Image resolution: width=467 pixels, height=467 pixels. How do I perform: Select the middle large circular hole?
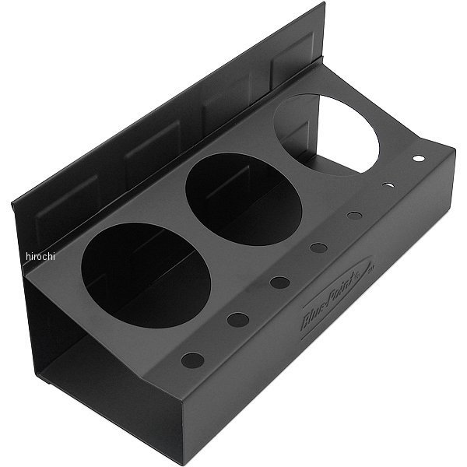[x=243, y=198]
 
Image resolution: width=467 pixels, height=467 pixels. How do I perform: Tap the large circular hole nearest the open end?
[x=146, y=274]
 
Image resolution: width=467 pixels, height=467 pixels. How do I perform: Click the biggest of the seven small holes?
[x=192, y=360]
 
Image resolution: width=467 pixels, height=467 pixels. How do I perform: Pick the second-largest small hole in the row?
[x=237, y=319]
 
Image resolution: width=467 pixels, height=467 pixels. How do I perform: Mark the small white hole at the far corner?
[x=418, y=159]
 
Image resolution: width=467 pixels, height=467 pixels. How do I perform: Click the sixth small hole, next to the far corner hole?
[x=388, y=186]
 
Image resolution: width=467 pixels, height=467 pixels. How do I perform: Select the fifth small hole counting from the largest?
[x=354, y=216]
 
